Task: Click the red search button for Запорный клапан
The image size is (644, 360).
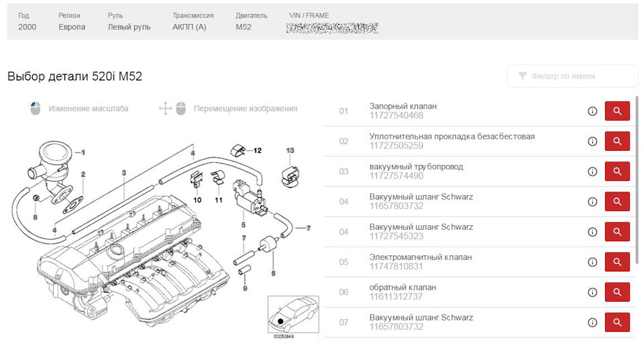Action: coord(617,111)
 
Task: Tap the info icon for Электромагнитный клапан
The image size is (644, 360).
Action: coord(592,262)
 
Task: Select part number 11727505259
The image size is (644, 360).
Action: coord(396,145)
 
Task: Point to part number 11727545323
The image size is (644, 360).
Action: coord(396,236)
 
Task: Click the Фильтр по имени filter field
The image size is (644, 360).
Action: coord(572,76)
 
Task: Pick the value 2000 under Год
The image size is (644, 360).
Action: coord(28,27)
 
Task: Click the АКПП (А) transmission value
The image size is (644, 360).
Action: coord(189,27)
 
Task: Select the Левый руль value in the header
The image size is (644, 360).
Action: coord(129,27)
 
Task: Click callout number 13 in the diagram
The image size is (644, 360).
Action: coord(290,151)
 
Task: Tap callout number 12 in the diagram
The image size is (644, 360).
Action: coord(257,150)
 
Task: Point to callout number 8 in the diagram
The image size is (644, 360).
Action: coord(36,217)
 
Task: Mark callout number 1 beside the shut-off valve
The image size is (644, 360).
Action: coord(83,153)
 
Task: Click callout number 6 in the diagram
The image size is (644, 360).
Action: coord(273,273)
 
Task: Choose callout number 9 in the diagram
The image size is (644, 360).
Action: coord(245,288)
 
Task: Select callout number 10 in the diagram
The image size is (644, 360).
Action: coord(197,200)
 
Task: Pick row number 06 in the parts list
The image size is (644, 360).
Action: coord(343,292)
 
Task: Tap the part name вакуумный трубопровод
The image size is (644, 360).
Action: coord(416,167)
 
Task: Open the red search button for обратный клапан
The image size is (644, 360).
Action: coord(617,292)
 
